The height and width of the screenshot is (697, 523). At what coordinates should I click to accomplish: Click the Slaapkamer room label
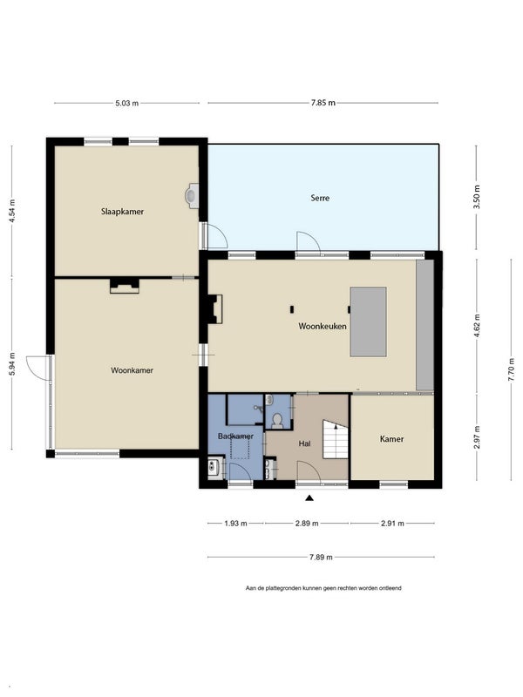(122, 212)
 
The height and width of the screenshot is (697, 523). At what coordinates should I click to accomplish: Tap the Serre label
(320, 198)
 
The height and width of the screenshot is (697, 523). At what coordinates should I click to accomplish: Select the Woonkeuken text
(323, 326)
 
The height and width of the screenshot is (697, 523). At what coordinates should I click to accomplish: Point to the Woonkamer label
(132, 370)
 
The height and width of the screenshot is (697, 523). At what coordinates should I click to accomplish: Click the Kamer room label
(391, 439)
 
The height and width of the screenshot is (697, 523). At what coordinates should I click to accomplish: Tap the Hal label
(304, 443)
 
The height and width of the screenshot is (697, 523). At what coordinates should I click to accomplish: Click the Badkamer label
(235, 436)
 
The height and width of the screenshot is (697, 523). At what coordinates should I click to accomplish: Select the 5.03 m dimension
(126, 103)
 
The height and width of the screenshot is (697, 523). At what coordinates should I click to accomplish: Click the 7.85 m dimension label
(323, 103)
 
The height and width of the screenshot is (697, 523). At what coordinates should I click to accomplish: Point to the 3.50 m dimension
(477, 197)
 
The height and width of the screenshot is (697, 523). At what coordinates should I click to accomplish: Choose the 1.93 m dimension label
(235, 524)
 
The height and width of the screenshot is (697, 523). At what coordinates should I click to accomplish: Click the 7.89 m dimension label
(321, 557)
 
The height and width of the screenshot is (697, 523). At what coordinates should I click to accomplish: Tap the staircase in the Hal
(336, 439)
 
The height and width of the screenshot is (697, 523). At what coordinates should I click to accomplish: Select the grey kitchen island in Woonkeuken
(368, 321)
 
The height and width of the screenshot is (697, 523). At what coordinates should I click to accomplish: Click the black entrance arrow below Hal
(309, 497)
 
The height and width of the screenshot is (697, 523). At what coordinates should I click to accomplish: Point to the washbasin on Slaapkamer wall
(192, 196)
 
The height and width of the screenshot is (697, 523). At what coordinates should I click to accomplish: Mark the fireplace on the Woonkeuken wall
(215, 309)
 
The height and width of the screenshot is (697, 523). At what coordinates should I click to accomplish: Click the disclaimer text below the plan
(323, 588)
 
